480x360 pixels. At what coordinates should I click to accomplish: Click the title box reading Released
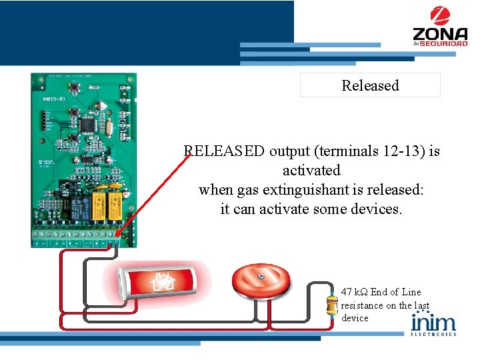(x=370, y=85)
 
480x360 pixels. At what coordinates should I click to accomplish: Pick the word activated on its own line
(x=311, y=171)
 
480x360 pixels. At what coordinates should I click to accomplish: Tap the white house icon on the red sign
(x=163, y=283)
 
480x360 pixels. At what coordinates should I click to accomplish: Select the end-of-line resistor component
(x=331, y=306)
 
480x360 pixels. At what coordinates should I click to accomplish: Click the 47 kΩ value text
(x=354, y=292)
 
